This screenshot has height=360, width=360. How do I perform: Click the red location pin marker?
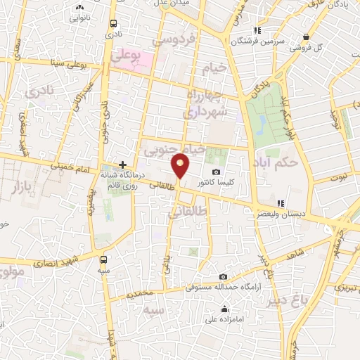tap(181, 166)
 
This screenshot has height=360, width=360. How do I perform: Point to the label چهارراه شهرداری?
tap(205, 103)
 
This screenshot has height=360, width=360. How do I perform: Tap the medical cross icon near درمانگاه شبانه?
tap(123, 165)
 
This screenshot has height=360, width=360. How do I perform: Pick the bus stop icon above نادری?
tap(112, 22)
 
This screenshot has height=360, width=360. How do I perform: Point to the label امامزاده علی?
tap(223, 320)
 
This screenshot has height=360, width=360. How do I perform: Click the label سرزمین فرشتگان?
tap(279, 41)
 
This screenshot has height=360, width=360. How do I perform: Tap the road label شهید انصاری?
tap(69, 255)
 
